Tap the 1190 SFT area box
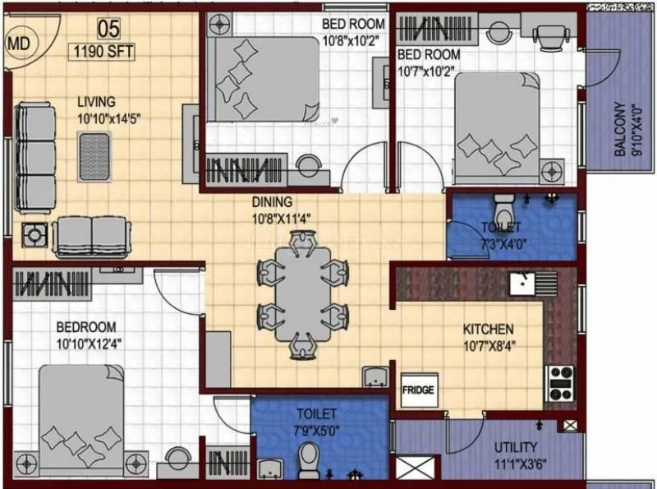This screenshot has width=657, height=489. tap(103, 51)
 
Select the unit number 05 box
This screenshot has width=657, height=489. tap(108, 29)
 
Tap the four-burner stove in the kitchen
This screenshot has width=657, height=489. tap(562, 380)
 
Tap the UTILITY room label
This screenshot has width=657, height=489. tap(516, 448)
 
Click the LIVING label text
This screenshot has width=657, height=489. tap(97, 101)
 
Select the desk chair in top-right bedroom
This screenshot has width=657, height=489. tap(548, 34)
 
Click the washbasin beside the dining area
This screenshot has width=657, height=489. tap(376, 376)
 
